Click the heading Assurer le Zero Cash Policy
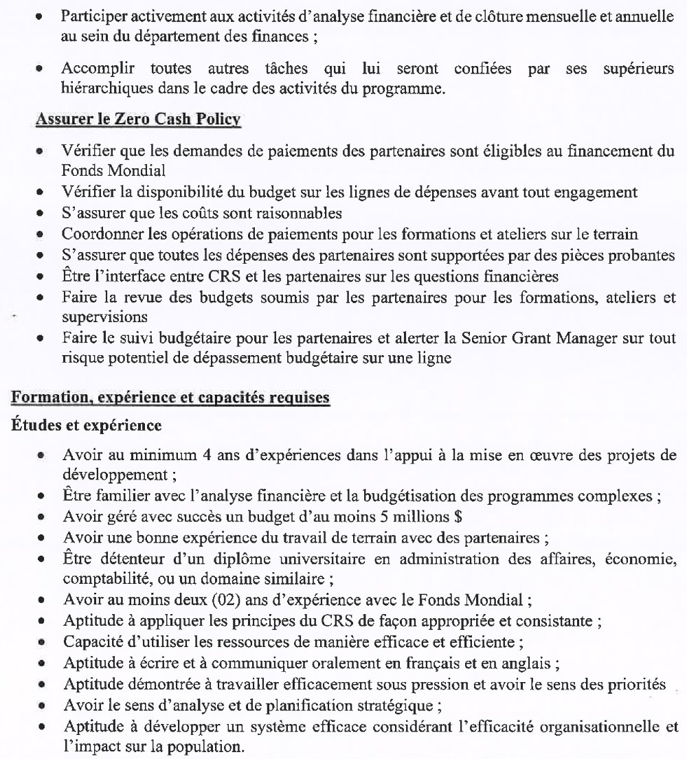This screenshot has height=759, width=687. [137, 120]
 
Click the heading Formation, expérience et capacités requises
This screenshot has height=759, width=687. [170, 398]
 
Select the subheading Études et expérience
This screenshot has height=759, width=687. [87, 425]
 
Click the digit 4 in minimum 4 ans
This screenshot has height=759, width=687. [194, 455]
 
